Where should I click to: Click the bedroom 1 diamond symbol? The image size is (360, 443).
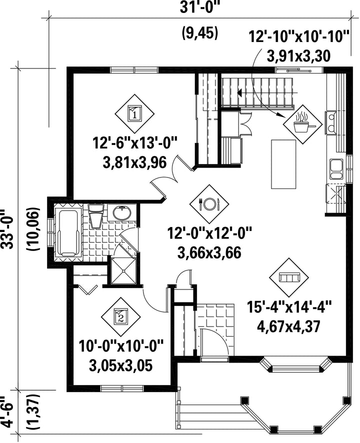tap(134, 113)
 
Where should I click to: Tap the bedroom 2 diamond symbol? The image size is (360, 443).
tap(121, 317)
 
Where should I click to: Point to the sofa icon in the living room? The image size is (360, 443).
tap(289, 277)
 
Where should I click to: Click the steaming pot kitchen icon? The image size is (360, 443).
tap(302, 124)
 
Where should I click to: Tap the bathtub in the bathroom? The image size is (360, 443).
tap(68, 233)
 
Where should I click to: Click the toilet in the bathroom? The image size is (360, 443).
tap(96, 216)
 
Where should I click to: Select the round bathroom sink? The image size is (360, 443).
tap(122, 212)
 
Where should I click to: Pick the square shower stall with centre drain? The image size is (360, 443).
tap(124, 270)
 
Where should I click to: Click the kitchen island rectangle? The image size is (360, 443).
tap(283, 164)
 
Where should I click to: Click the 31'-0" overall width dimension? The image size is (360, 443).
tap(200, 8)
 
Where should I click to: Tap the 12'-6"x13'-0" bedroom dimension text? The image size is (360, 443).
tap(134, 142)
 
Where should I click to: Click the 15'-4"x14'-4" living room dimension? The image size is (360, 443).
tap(289, 306)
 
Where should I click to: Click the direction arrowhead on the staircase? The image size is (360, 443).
tap(239, 92)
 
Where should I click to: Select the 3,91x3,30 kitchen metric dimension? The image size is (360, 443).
tap(298, 56)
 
